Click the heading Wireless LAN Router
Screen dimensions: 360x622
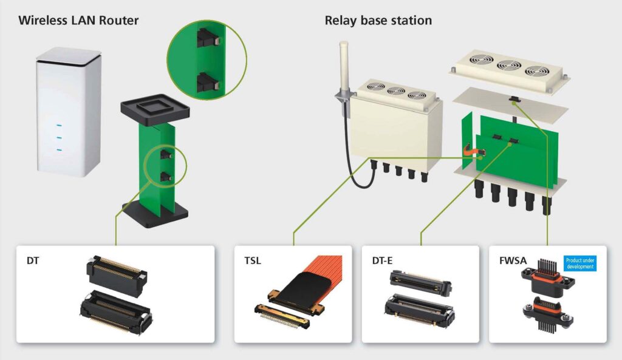[78, 21]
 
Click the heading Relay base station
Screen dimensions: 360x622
[378, 21]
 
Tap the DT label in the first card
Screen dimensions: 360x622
[32, 261]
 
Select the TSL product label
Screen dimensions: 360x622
[245, 261]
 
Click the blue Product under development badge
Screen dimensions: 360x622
[580, 263]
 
